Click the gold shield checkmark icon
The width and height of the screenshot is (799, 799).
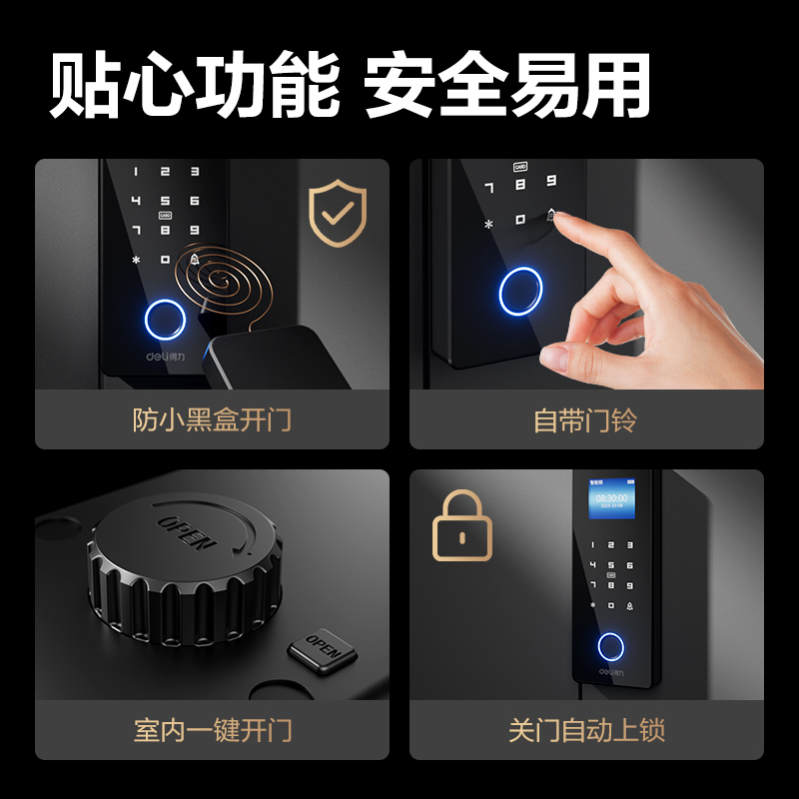click(338, 213)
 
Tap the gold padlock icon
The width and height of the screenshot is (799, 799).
click(461, 525)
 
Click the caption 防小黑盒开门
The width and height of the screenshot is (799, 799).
click(212, 419)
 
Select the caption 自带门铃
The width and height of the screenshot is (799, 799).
click(585, 419)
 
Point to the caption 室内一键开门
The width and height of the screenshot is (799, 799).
click(212, 730)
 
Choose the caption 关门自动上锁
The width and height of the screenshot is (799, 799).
click(585, 730)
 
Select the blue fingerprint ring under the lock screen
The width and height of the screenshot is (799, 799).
click(610, 646)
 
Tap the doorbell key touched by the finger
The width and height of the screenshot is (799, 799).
click(550, 216)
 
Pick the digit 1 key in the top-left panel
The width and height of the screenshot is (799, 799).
click(137, 173)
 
